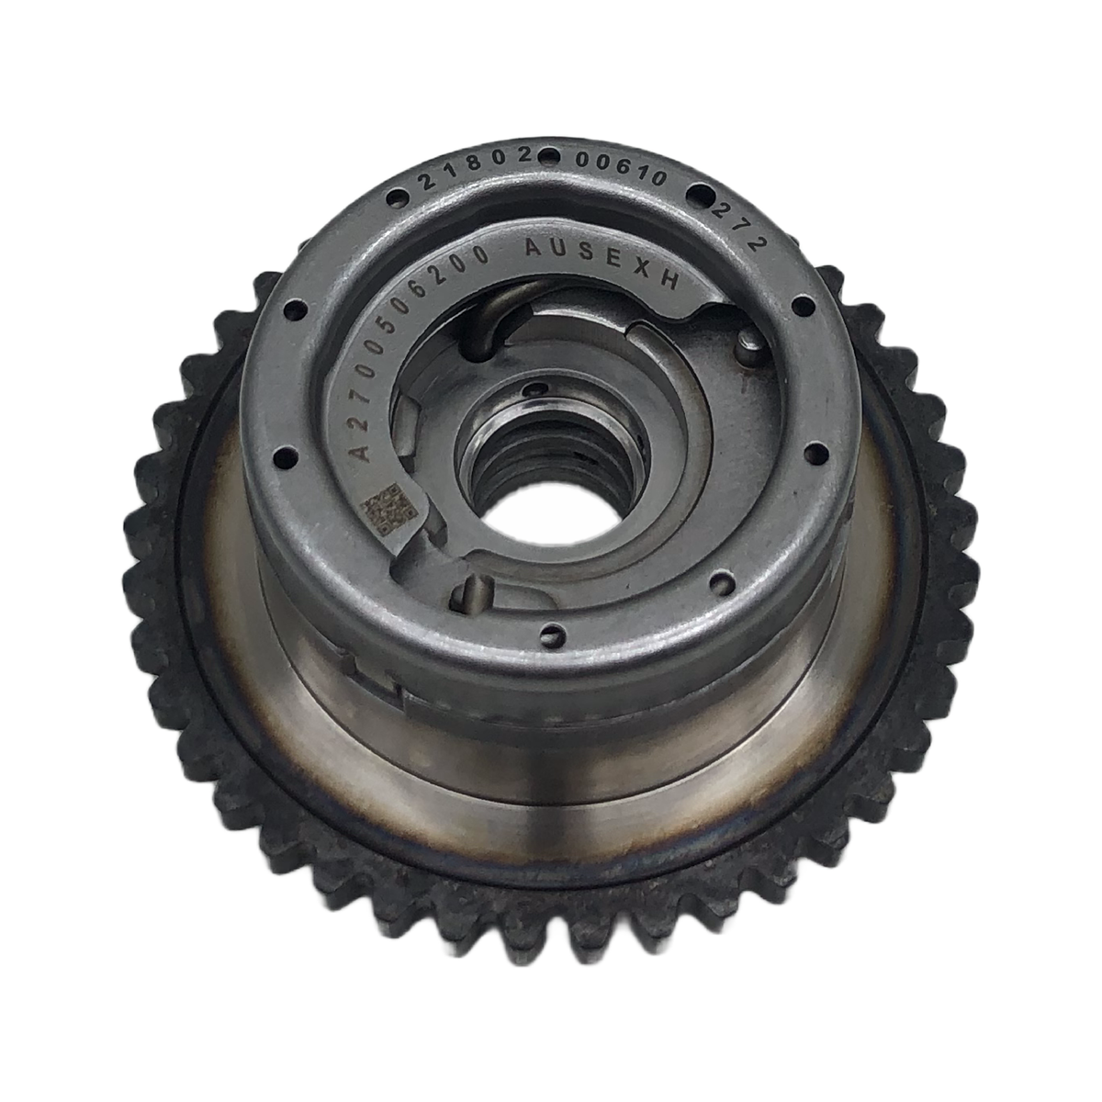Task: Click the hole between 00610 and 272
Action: pos(699,194)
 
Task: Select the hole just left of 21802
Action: pos(397,198)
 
